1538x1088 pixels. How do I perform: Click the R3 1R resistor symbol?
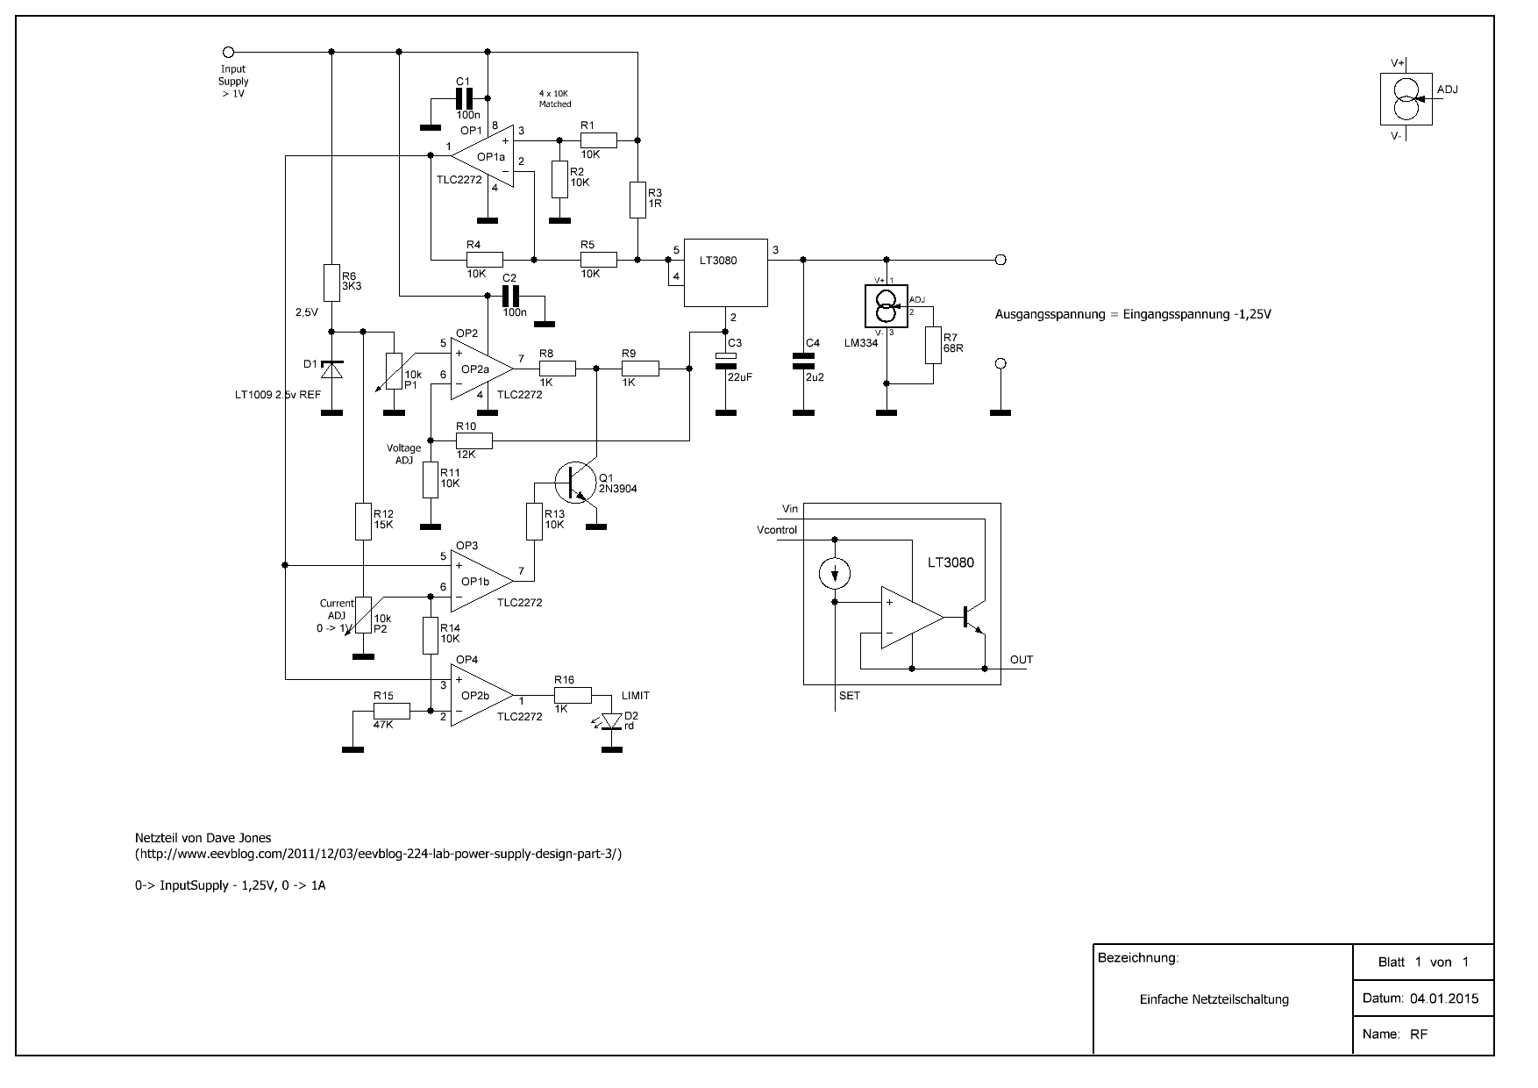tap(637, 200)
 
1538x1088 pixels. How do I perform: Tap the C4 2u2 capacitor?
tap(802, 360)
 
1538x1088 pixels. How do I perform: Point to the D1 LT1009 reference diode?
tap(331, 369)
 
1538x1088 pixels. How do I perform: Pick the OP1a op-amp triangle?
tap(481, 157)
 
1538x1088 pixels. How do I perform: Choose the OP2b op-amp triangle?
tap(481, 695)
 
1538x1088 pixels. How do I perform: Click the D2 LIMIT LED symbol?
tap(612, 721)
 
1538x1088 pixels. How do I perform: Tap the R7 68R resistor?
tap(932, 346)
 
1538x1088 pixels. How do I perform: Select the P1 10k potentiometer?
tap(395, 369)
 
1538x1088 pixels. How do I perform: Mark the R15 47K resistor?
tap(391, 711)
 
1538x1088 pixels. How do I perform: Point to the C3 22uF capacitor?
tap(725, 360)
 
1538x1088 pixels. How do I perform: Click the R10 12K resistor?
tap(474, 440)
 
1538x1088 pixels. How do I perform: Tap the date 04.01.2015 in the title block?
tap(1444, 999)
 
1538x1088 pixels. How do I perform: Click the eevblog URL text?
tap(379, 854)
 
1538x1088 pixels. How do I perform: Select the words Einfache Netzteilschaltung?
tap(1214, 999)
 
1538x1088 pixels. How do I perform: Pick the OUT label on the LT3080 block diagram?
tap(1022, 660)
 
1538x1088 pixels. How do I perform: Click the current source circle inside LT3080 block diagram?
tap(834, 574)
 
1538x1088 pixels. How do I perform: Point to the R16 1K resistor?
tap(573, 695)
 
